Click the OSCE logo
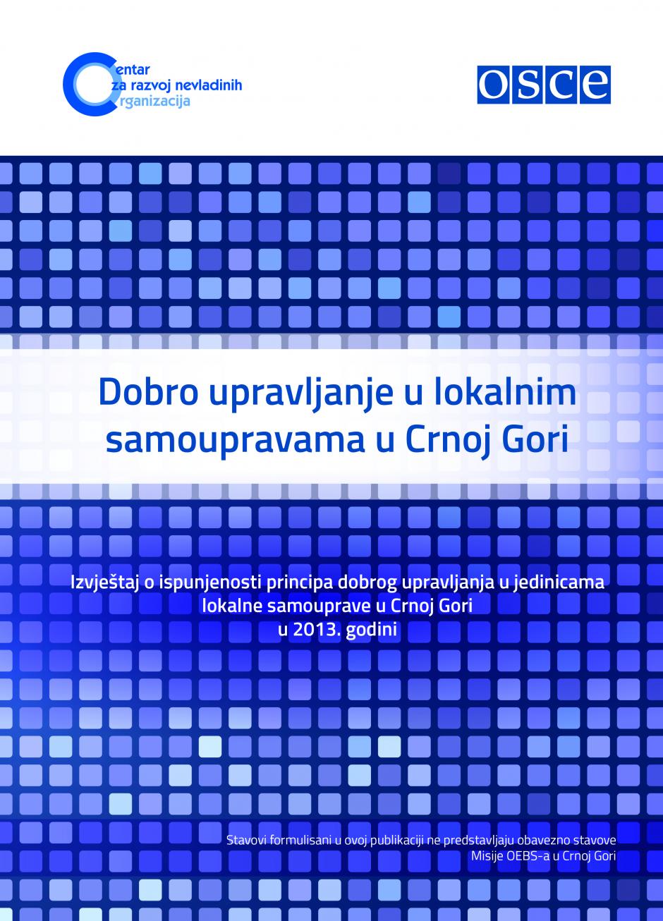tap(544, 85)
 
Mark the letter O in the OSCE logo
tap(493, 85)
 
